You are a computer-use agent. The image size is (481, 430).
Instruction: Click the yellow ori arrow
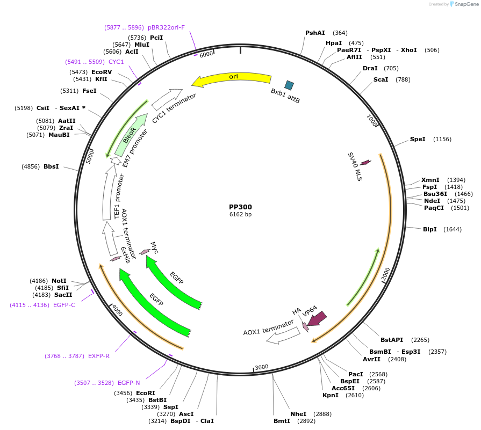(x=232, y=79)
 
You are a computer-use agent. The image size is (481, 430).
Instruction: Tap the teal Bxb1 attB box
(x=289, y=85)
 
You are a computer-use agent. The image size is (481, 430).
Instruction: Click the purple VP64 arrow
(x=317, y=318)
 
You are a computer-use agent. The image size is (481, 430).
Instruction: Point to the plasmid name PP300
(x=240, y=207)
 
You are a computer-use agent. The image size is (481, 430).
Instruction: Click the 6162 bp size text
(x=240, y=215)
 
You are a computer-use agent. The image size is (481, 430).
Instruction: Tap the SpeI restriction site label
(x=418, y=139)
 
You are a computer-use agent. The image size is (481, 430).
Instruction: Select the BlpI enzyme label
(x=430, y=229)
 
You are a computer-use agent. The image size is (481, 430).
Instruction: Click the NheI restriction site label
(x=298, y=414)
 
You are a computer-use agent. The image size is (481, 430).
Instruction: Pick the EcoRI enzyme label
(x=146, y=393)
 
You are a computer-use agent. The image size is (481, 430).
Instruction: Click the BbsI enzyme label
(x=51, y=166)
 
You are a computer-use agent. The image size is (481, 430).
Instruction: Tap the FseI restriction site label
(x=89, y=91)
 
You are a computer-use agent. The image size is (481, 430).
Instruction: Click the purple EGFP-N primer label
(x=128, y=383)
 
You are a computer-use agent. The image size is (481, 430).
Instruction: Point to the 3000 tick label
(x=262, y=367)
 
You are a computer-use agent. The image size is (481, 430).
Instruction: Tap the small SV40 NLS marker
(x=365, y=162)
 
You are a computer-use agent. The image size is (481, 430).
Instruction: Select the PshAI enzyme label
(x=315, y=33)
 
